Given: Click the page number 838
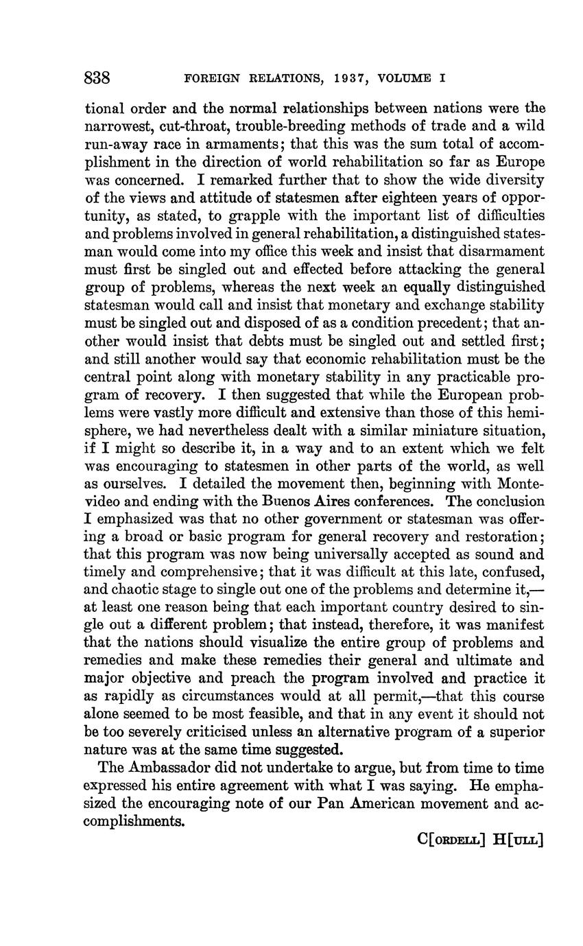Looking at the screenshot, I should (97, 77).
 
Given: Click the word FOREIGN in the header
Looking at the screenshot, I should (213, 78).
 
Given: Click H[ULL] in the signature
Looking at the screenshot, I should (518, 840).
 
